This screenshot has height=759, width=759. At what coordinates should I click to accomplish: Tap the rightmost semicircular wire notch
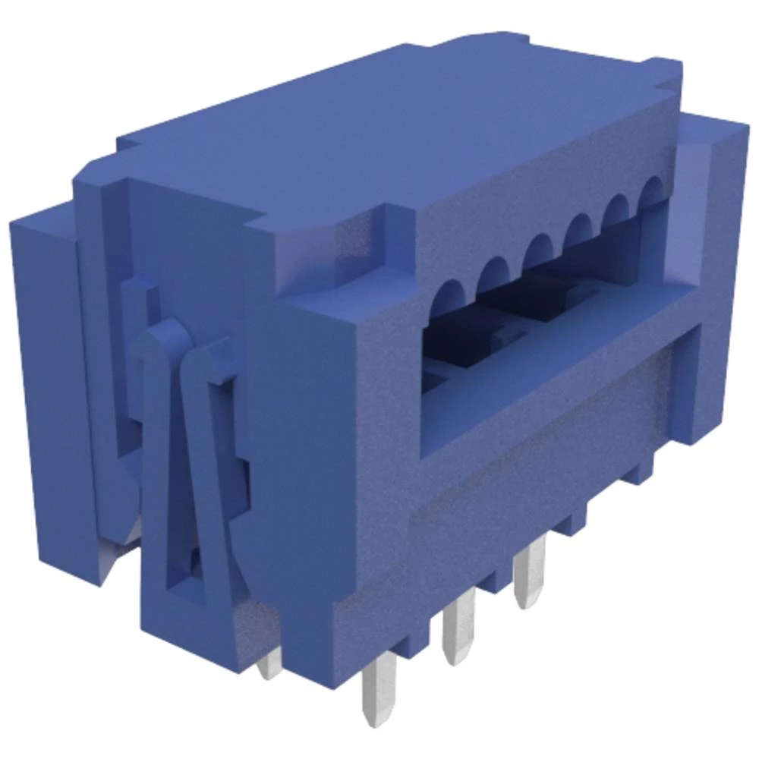pyautogui.click(x=651, y=191)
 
